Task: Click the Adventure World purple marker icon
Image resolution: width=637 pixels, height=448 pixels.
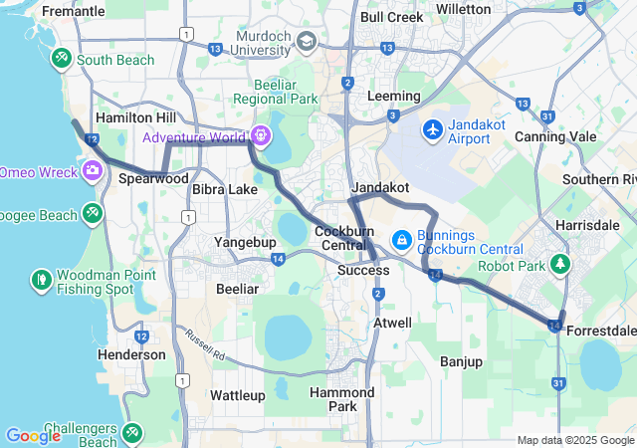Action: (261, 134)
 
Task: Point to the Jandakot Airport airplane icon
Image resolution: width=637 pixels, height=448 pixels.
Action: (433, 128)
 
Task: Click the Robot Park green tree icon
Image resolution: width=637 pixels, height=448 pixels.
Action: (560, 265)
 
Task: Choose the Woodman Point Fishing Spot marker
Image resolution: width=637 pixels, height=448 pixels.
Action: (42, 280)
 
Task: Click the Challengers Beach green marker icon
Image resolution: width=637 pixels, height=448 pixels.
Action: (132, 433)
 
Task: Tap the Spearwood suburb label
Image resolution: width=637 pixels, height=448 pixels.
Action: (153, 179)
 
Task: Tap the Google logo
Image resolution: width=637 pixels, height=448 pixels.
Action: (33, 435)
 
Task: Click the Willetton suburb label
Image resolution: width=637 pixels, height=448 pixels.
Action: (464, 9)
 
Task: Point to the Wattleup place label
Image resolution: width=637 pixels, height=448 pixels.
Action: (238, 395)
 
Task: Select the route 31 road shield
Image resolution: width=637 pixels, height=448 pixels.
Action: (558, 383)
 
